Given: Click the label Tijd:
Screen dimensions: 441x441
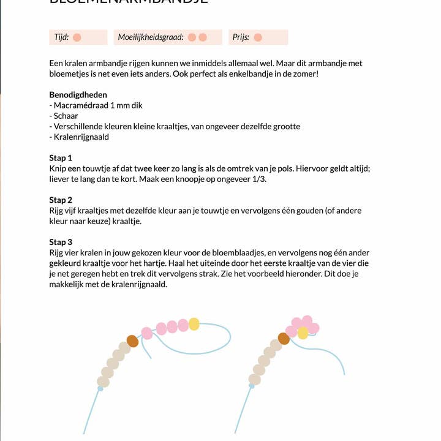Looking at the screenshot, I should click(61, 37).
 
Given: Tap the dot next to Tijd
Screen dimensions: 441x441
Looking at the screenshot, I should click(77, 37).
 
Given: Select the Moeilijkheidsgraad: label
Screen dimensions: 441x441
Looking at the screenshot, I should click(151, 37).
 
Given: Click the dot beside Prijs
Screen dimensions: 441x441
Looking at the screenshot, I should click(258, 37).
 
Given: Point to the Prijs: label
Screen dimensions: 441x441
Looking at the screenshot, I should click(241, 37).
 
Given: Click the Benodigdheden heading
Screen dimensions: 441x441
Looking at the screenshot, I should click(78, 95).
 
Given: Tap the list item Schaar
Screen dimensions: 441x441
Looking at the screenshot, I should click(66, 116).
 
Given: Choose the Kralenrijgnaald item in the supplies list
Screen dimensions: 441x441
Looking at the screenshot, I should click(81, 137).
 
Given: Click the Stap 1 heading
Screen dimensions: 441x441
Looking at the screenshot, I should click(61, 158).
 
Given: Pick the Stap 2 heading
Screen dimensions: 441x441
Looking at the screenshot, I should click(61, 200).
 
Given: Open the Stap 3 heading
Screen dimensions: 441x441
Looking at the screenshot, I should click(61, 242).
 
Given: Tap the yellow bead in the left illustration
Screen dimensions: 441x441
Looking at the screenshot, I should click(194, 323).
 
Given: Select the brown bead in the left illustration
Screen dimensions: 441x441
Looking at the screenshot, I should click(132, 341).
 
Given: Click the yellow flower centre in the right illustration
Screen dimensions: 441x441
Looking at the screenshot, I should click(303, 333).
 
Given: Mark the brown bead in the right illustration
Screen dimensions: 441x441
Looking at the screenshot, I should click(284, 338).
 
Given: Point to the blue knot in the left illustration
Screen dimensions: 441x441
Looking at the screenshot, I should click(100, 388).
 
